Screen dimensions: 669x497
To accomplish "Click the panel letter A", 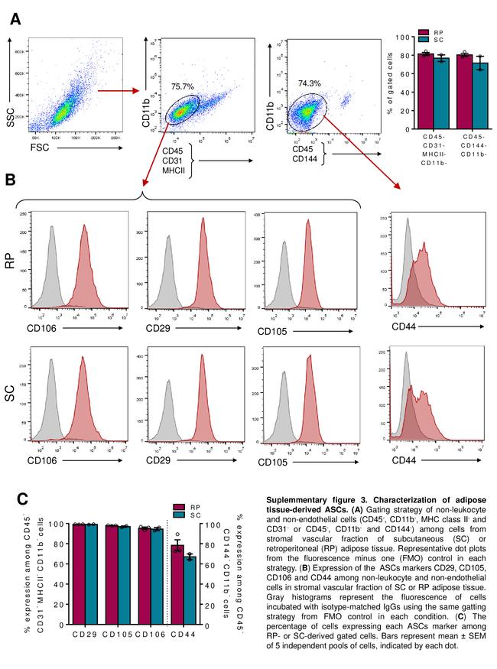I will (x=14, y=19).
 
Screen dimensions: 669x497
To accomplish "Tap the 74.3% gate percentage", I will (x=310, y=83).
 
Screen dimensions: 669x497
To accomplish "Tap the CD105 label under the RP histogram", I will (x=273, y=332).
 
